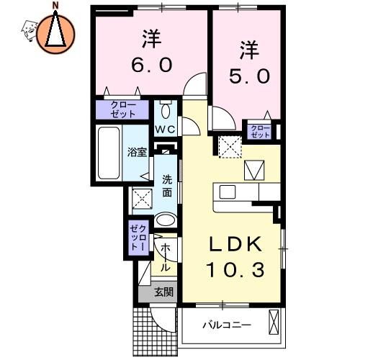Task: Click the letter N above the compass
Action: (x=55, y=5)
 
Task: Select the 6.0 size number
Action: (x=152, y=64)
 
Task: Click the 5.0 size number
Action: (x=249, y=76)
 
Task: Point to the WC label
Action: (x=166, y=130)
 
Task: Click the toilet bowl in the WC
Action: (x=166, y=111)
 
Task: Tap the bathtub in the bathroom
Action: (x=109, y=153)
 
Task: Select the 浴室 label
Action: (x=137, y=153)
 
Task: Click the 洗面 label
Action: (x=167, y=186)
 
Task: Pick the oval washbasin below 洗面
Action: (x=166, y=220)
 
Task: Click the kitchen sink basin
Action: (x=228, y=192)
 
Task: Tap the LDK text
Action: (x=235, y=244)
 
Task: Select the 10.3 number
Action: (x=235, y=269)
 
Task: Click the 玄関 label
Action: (x=163, y=292)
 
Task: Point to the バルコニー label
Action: (x=227, y=325)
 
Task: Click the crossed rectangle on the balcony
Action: (x=274, y=322)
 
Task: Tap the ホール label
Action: (x=165, y=258)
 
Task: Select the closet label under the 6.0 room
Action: (x=123, y=109)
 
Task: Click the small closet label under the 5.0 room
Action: (x=261, y=132)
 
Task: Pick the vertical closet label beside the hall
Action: (x=138, y=238)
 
